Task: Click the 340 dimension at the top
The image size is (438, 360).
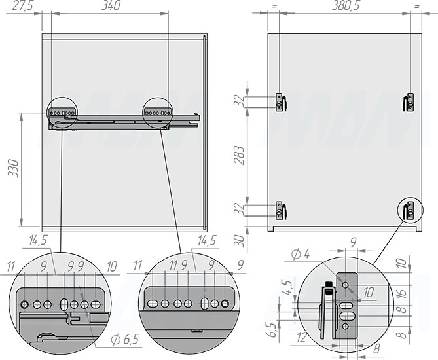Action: click(x=111, y=6)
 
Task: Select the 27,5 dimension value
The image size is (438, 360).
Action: click(x=22, y=6)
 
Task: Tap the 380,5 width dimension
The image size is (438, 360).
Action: click(x=346, y=6)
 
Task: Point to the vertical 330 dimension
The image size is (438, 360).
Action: click(x=13, y=168)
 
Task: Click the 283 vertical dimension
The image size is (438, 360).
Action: click(x=240, y=155)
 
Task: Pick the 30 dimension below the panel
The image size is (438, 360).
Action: click(x=239, y=241)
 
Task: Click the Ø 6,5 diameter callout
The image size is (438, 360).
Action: click(x=125, y=340)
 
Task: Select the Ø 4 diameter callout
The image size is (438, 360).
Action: click(x=301, y=254)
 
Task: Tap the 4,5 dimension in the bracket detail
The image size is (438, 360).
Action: click(x=288, y=288)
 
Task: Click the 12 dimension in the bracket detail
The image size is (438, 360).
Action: click(x=302, y=338)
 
